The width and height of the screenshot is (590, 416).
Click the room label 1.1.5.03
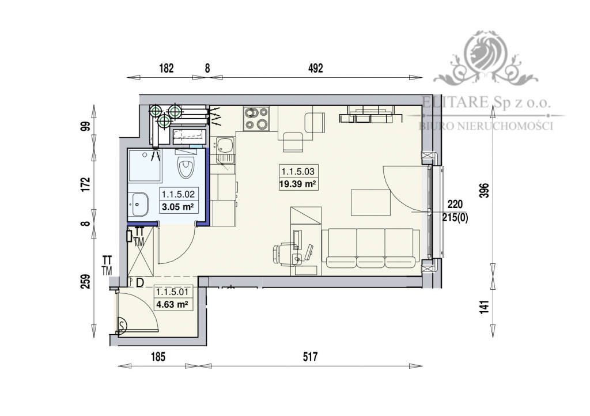tap(298, 172)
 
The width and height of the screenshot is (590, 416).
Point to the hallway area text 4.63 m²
tap(172, 305)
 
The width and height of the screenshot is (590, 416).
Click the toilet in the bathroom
tap(186, 168)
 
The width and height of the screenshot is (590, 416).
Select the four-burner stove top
tap(256, 118)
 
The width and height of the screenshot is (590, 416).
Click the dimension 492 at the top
tap(315, 67)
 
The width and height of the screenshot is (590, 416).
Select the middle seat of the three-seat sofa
tap(370, 248)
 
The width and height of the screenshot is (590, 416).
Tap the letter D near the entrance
tap(139, 282)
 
